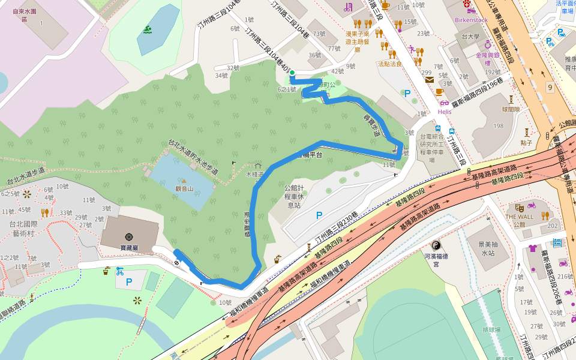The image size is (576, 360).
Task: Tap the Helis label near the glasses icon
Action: pyautogui.click(x=445, y=112)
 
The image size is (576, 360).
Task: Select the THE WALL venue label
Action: pyautogui.click(x=519, y=217)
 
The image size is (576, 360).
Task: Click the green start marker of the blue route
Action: pyautogui.click(x=292, y=73)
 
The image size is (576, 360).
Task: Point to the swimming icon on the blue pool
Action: pyautogui.click(x=148, y=30)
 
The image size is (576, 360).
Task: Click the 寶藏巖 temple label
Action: pyautogui.click(x=130, y=248)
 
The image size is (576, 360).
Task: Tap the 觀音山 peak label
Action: pyautogui.click(x=184, y=188)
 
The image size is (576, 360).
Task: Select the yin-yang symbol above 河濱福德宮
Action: pyautogui.click(x=436, y=245)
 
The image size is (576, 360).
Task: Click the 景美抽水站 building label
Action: pyautogui.click(x=482, y=249)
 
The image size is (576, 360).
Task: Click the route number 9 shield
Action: pyautogui.click(x=550, y=88)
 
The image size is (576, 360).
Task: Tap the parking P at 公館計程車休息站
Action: pyautogui.click(x=319, y=215)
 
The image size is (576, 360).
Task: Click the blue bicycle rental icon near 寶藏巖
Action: pyautogui.click(x=119, y=271)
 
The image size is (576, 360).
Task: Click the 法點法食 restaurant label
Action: pyautogui.click(x=390, y=64)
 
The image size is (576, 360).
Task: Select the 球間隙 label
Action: pyautogui.click(x=511, y=110)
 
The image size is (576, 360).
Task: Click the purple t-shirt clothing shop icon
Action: pyautogui.click(x=532, y=248)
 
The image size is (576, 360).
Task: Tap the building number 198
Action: pyautogui.click(x=499, y=126)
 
